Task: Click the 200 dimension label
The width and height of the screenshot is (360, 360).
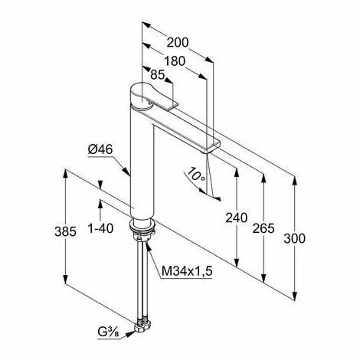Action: click(x=178, y=42)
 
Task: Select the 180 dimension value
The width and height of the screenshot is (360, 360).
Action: click(x=175, y=61)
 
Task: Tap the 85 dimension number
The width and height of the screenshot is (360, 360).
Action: click(x=158, y=75)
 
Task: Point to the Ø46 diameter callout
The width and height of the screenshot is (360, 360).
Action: click(x=100, y=149)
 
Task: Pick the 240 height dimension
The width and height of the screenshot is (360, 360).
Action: click(x=237, y=218)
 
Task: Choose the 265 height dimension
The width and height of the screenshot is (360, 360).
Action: click(x=263, y=228)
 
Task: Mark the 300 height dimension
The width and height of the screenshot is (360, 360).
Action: click(x=294, y=239)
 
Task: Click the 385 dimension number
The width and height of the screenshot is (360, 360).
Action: click(x=65, y=231)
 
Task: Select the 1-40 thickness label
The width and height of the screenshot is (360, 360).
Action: click(x=100, y=228)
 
